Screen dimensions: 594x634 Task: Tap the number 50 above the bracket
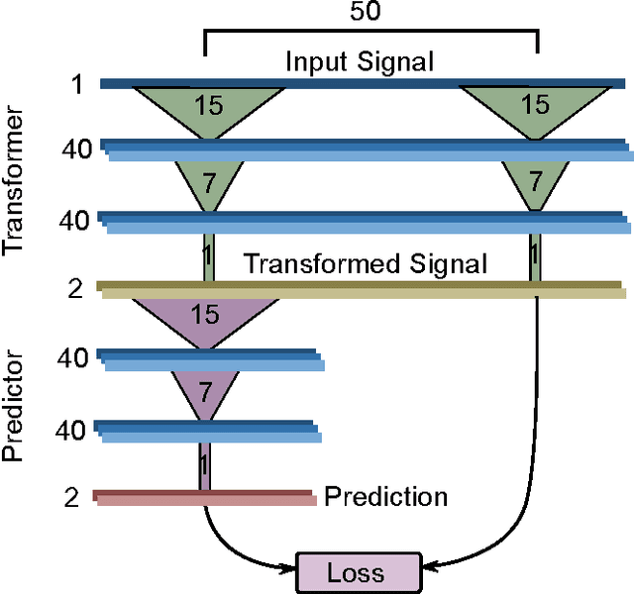point(370,12)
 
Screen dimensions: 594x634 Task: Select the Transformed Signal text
point(366,263)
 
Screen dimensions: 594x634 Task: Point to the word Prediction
point(385,495)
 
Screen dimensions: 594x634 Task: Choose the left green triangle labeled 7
point(207,182)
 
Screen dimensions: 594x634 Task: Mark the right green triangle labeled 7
point(535,182)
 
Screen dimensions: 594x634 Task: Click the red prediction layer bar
point(204,497)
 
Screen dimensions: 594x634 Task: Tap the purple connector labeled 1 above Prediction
point(204,464)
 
